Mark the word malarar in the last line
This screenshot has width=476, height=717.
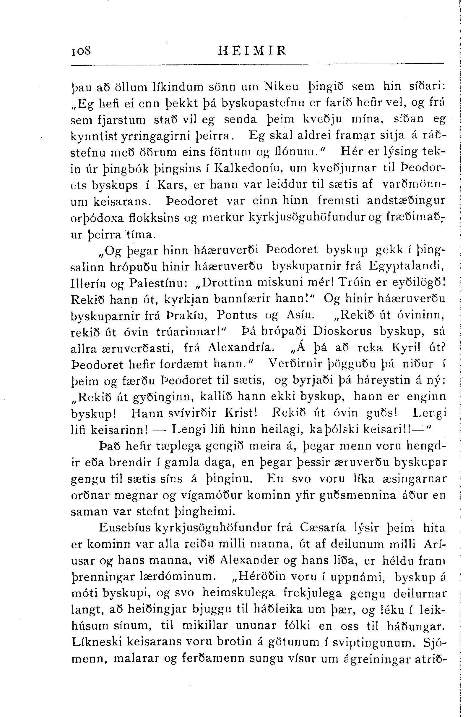click(136, 658)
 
